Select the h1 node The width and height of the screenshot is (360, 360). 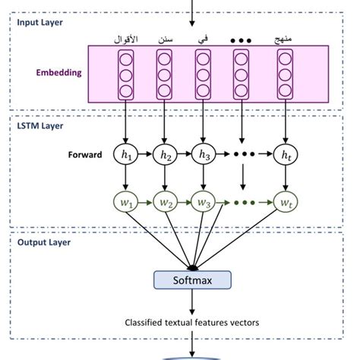pos(125,155)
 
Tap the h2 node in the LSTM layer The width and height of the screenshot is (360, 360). pos(164,155)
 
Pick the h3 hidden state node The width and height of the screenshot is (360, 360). pos(204,155)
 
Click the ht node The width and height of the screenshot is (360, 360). pos(285,155)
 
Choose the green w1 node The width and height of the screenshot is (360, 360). pos(125,204)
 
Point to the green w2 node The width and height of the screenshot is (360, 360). pos(164,204)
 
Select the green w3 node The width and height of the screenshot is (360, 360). pos(204,204)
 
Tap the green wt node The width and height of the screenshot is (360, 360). pos(285,204)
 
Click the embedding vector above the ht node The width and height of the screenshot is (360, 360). pos(285,74)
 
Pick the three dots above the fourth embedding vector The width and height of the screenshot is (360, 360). pos(242,37)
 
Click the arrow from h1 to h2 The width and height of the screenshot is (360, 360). pos(145,155)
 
